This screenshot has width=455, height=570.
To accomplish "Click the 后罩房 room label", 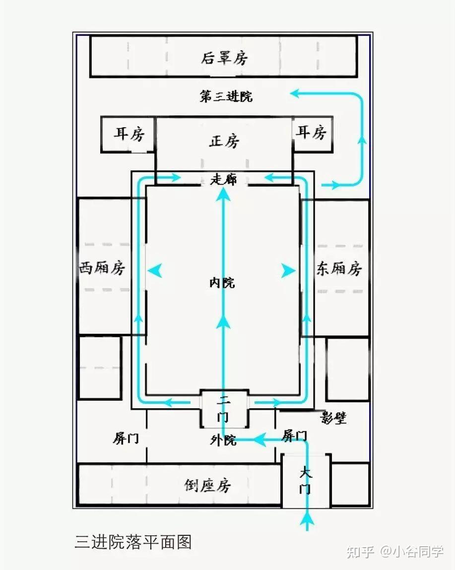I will pyautogui.click(x=224, y=59).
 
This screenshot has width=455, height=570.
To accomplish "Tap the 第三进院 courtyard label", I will pyautogui.click(x=226, y=96).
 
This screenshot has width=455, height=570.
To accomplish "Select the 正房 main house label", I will pyautogui.click(x=224, y=142).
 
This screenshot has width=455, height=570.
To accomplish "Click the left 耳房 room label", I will pyautogui.click(x=129, y=134).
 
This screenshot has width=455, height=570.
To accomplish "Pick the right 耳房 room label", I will pyautogui.click(x=311, y=133).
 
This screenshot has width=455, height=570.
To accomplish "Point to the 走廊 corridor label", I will pyautogui.click(x=223, y=179).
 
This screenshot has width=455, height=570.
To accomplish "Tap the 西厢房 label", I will pyautogui.click(x=102, y=269).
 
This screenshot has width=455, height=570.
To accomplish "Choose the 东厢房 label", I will pyautogui.click(x=339, y=269).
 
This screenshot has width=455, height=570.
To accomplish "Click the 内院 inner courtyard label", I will pyautogui.click(x=222, y=283).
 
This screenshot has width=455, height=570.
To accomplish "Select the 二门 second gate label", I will pyautogui.click(x=224, y=408).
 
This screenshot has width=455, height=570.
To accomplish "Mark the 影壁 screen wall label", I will pyautogui.click(x=333, y=418).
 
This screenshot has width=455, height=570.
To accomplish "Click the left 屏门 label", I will pyautogui.click(x=126, y=438).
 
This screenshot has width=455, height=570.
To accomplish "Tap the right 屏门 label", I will pyautogui.click(x=294, y=436).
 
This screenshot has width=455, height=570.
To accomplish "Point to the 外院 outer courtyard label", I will pyautogui.click(x=223, y=440).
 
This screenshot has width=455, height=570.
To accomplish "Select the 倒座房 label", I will pyautogui.click(x=207, y=485).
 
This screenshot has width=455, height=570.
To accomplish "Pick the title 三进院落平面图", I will pyautogui.click(x=133, y=542).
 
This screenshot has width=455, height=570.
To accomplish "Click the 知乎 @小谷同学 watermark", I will pyautogui.click(x=394, y=552).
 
